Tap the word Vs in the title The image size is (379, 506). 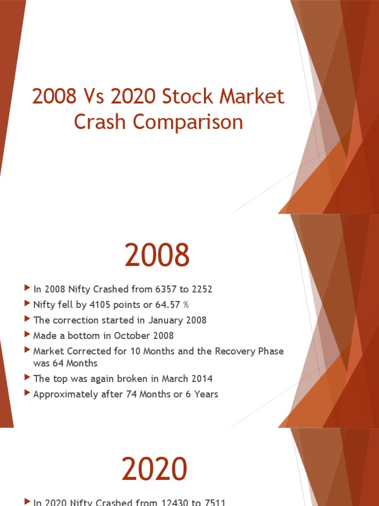click(92, 97)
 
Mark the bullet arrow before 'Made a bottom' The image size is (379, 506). click(27, 335)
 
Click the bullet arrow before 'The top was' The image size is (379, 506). click(27, 378)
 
